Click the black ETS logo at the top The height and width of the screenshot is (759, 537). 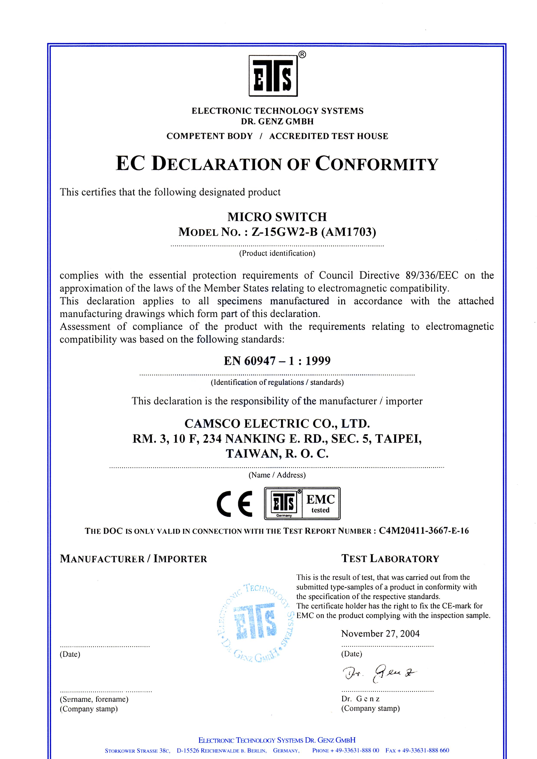273,75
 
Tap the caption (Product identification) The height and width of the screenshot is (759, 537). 277,253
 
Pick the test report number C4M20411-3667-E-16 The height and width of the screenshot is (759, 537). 424,531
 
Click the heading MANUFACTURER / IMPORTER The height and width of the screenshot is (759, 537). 133,559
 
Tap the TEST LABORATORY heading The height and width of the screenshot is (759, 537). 390,559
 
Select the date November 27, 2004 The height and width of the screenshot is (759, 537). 380,634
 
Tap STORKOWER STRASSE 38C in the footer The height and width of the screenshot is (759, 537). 137,751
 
